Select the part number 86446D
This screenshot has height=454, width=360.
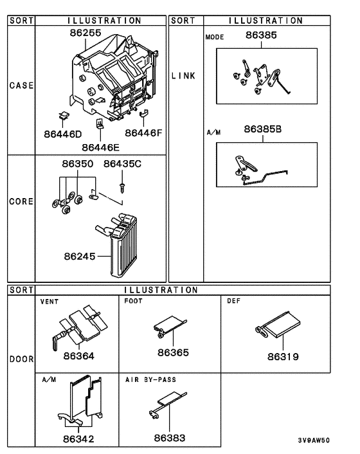(63, 134)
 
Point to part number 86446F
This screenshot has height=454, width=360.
(144, 133)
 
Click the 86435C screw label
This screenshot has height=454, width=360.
(122, 164)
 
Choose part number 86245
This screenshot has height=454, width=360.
(79, 257)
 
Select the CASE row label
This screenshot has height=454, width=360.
(21, 85)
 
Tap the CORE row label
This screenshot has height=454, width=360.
(21, 201)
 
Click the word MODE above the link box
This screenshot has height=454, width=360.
(215, 37)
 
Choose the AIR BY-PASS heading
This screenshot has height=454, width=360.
(150, 380)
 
